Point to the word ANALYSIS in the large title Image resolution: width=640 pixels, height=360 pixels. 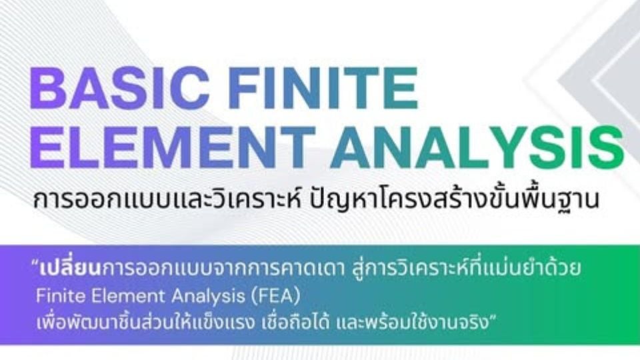pyautogui.click(x=477, y=148)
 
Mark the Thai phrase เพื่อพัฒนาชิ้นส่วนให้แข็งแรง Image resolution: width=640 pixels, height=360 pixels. pyautogui.click(x=150, y=315)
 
